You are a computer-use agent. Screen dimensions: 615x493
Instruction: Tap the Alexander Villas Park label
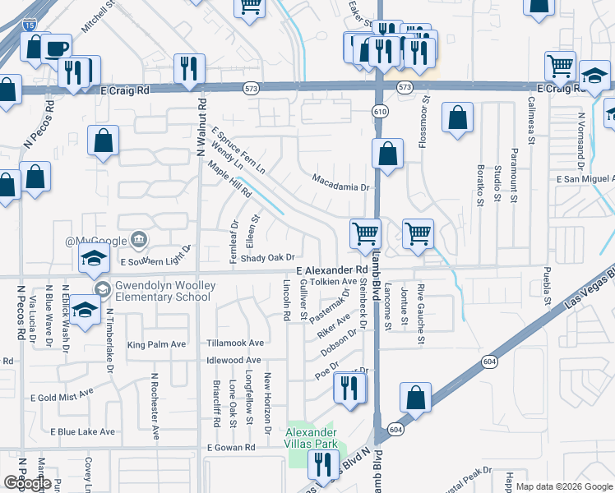[x=311, y=438]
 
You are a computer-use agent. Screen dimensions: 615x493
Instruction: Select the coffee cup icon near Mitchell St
[x=57, y=48]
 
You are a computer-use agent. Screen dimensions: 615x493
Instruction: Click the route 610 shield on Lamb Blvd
[x=380, y=111]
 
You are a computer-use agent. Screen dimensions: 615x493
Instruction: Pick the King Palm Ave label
[x=157, y=344]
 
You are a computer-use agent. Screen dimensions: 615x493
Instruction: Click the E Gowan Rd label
[x=232, y=448]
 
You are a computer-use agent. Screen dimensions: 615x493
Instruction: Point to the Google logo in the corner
[x=27, y=483]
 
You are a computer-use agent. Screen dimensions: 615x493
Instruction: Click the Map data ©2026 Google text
[x=563, y=487]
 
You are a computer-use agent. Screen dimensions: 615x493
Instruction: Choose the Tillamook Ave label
[x=235, y=343]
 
